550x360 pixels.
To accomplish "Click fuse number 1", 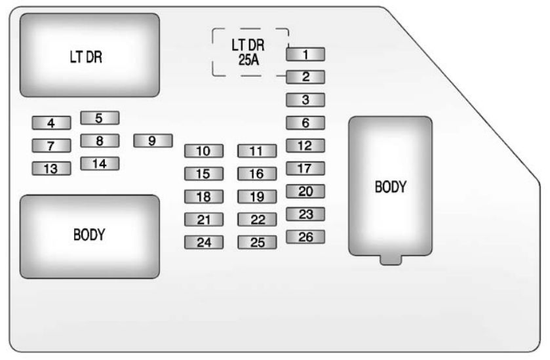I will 305,54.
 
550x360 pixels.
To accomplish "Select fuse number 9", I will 153,140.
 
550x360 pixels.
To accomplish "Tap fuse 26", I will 305,237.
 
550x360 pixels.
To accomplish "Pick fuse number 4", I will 50,122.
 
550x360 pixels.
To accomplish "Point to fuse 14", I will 100,163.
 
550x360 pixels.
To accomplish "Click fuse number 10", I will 203,151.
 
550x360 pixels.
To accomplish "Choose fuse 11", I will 256,151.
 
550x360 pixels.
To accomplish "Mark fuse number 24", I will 203,242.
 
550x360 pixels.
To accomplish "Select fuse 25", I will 256,242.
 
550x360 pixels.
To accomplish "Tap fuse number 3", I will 305,100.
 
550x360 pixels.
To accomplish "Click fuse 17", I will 305,169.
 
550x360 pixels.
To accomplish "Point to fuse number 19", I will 256,196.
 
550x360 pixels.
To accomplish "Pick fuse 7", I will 50,145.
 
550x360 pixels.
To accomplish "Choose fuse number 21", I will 203,220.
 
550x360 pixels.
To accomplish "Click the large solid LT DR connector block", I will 89,56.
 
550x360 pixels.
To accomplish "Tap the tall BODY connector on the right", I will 390,186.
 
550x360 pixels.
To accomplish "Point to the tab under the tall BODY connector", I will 390,260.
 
